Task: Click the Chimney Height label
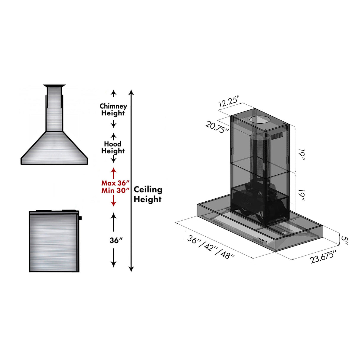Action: pyautogui.click(x=113, y=109)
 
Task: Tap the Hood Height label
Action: pyautogui.click(x=113, y=147)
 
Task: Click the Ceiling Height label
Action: pyautogui.click(x=148, y=194)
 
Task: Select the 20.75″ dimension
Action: pyautogui.click(x=217, y=127)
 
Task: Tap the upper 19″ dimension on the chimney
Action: pyautogui.click(x=302, y=154)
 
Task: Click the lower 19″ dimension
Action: pyautogui.click(x=302, y=195)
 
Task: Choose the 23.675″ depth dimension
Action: pyautogui.click(x=323, y=257)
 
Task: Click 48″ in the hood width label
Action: pyautogui.click(x=227, y=254)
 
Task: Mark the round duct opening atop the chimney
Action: pyautogui.click(x=260, y=120)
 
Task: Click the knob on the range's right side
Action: pyautogui.click(x=80, y=218)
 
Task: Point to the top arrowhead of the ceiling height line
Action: pyautogui.click(x=131, y=92)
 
